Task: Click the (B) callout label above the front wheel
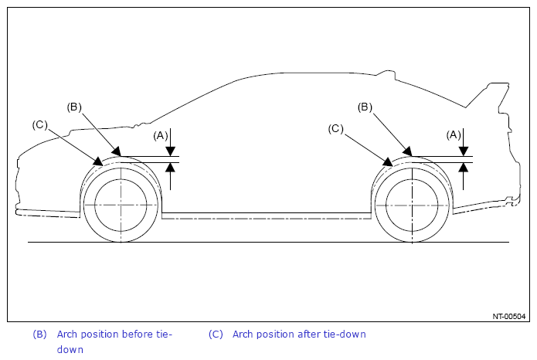click(x=74, y=107)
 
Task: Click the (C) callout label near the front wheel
click(x=39, y=124)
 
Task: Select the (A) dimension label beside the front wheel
click(x=161, y=136)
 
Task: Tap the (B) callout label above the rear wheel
click(x=365, y=107)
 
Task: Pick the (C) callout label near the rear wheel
click(x=335, y=129)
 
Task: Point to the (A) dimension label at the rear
click(x=454, y=135)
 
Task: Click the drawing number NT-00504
click(x=509, y=317)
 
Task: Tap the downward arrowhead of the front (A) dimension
click(x=171, y=151)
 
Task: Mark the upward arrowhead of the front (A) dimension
click(x=171, y=167)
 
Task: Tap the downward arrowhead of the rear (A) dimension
click(x=464, y=151)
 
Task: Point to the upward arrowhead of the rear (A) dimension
click(x=464, y=167)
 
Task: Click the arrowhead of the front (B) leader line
click(x=117, y=151)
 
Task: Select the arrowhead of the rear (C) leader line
click(x=388, y=161)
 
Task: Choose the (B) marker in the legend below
click(x=39, y=335)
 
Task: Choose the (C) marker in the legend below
click(x=216, y=335)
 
